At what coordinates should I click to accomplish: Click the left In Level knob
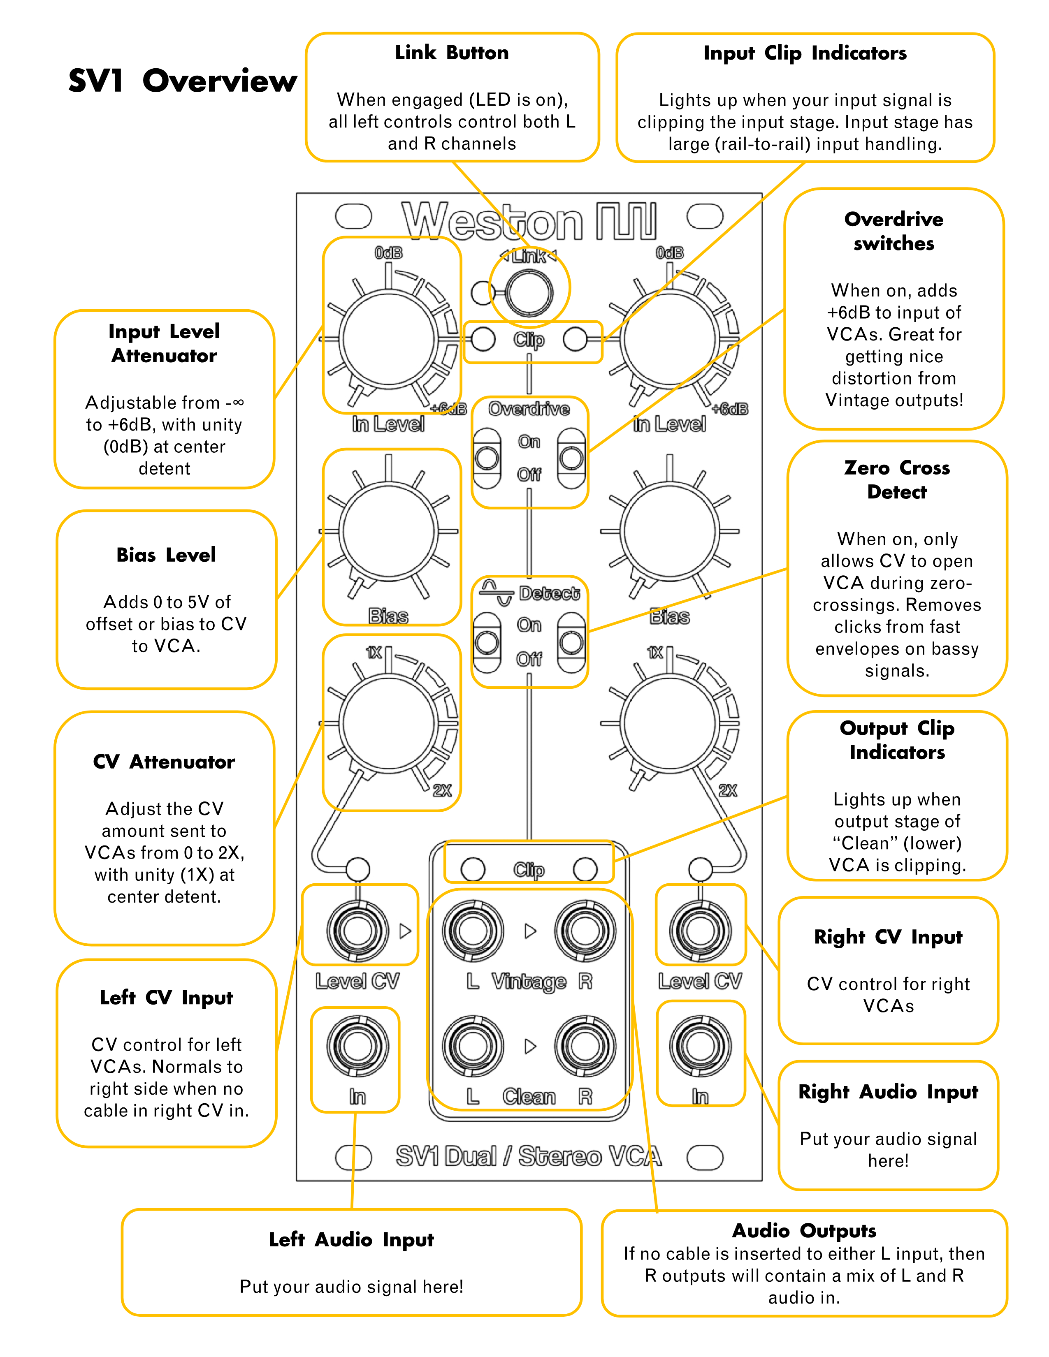[388, 338]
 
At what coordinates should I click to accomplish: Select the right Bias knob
[670, 531]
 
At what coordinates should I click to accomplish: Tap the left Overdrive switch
[487, 459]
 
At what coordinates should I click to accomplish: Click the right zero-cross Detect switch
[571, 642]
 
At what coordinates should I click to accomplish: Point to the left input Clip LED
[483, 339]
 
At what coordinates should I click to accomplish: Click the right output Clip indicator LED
[585, 868]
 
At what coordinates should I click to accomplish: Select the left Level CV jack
[357, 930]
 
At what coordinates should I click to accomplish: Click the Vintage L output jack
[472, 930]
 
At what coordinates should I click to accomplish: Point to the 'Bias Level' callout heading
[166, 555]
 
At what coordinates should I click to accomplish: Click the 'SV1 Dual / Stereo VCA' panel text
[528, 1157]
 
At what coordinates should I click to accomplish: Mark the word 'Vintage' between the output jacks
[529, 982]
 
